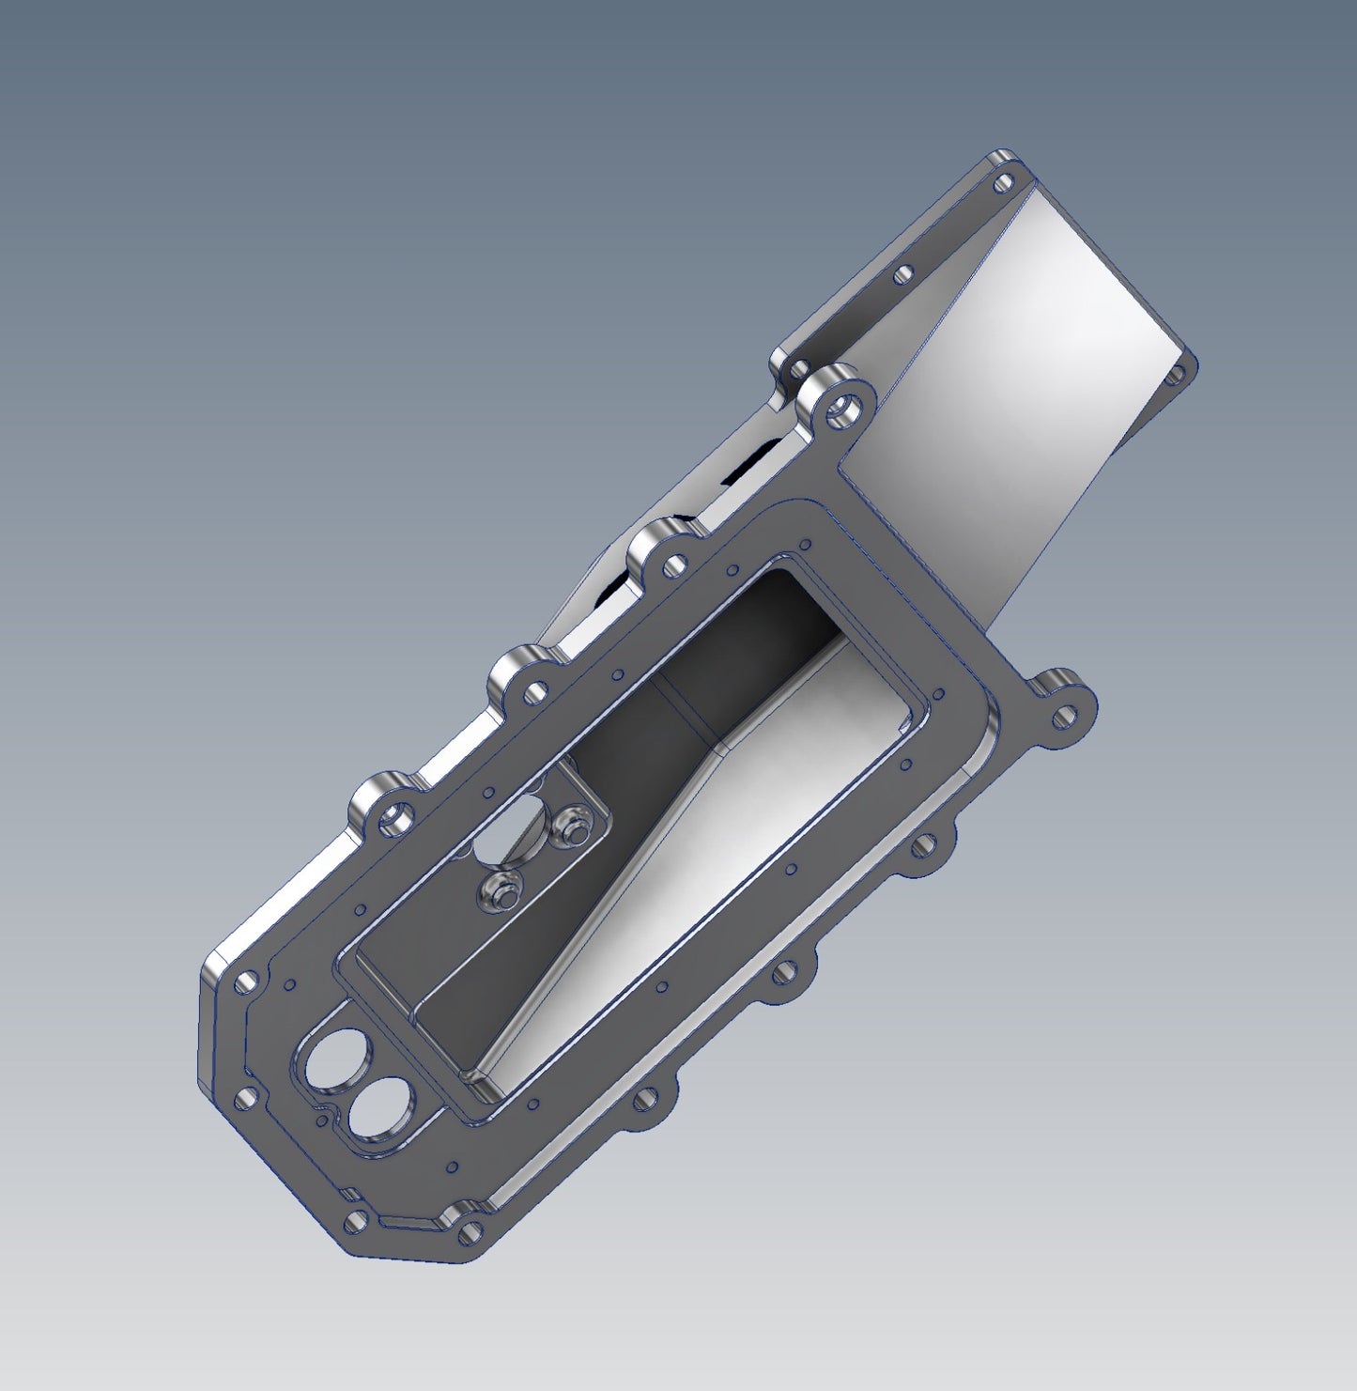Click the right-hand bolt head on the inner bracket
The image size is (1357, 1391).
pyautogui.click(x=570, y=827)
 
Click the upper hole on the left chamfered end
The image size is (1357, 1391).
pyautogui.click(x=245, y=982)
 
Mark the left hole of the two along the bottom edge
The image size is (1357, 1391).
pyautogui.click(x=356, y=1222)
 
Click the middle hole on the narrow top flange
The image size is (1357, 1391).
pyautogui.click(x=903, y=275)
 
